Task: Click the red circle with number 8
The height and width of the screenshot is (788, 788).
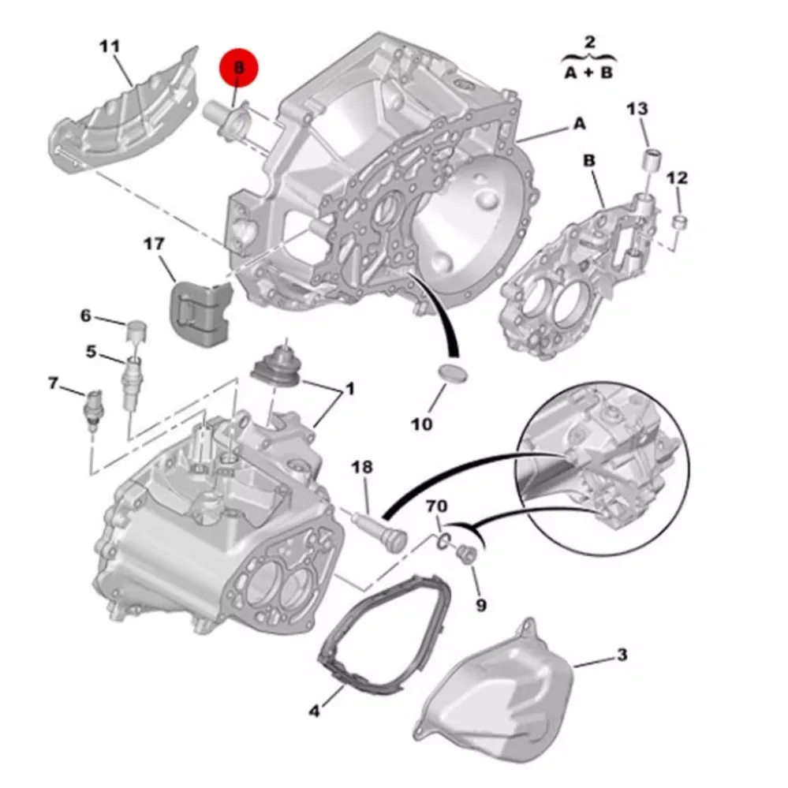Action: click(238, 68)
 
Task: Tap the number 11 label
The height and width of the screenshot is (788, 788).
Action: click(110, 47)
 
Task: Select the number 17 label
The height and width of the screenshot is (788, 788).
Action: click(153, 244)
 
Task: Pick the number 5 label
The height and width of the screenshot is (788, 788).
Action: click(91, 351)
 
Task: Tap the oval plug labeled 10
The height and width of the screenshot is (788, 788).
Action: click(452, 373)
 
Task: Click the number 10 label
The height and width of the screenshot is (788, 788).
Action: click(421, 424)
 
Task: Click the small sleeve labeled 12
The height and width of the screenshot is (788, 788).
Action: click(680, 222)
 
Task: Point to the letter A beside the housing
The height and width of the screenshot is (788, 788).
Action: click(580, 123)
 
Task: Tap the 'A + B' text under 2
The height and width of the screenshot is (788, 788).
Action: click(588, 73)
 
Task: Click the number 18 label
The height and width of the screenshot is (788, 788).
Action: click(362, 467)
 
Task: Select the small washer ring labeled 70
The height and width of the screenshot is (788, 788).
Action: click(443, 541)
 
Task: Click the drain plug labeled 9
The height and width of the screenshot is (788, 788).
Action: click(466, 554)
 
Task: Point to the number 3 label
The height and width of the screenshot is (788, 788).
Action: click(622, 655)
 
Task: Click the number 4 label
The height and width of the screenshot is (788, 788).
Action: click(314, 711)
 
